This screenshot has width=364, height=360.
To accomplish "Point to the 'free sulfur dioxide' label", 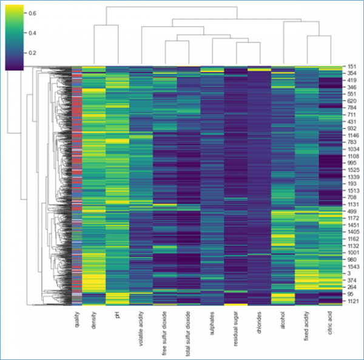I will [x=164, y=331].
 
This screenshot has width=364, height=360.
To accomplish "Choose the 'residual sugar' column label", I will [x=236, y=327].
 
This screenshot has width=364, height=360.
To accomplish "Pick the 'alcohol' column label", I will [x=283, y=320].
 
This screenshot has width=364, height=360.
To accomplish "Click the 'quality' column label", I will [x=77, y=321].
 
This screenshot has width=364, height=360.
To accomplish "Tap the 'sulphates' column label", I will [x=212, y=322].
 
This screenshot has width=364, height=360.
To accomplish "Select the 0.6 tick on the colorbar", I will [x=33, y=12].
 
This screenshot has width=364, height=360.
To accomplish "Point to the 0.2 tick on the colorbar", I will [x=33, y=53].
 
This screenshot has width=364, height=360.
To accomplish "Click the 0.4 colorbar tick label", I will [x=33, y=33].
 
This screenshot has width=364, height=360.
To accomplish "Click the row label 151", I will [x=351, y=67].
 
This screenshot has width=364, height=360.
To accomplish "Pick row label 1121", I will [x=352, y=301].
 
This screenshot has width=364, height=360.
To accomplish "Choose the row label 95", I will [x=349, y=293].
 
